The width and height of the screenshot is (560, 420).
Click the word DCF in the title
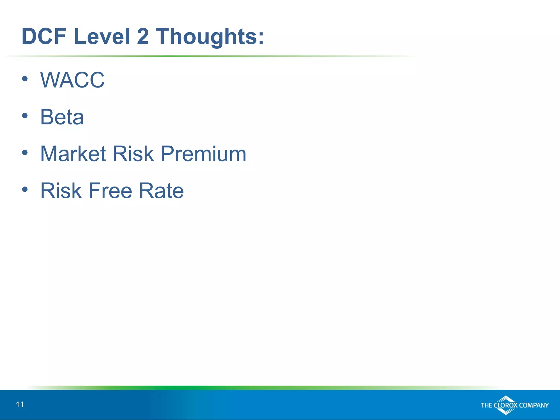click(x=44, y=36)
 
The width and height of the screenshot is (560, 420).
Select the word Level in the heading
click(x=102, y=36)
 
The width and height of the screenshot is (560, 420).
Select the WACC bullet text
click(x=72, y=80)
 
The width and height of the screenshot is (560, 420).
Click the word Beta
click(x=62, y=117)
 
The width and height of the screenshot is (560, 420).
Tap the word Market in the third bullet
click(x=73, y=154)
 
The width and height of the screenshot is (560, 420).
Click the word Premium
click(x=203, y=154)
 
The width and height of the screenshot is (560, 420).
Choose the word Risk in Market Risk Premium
click(x=133, y=154)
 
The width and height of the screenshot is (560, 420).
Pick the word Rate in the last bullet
click(x=161, y=191)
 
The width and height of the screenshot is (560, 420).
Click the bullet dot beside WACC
click(x=25, y=79)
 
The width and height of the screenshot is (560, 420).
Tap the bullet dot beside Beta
click(x=25, y=116)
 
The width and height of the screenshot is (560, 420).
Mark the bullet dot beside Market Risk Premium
click(x=25, y=153)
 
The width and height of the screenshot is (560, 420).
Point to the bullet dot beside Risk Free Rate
click(x=25, y=189)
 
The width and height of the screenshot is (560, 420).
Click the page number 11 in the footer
click(x=20, y=405)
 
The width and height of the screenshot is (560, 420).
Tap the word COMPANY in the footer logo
click(x=534, y=405)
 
